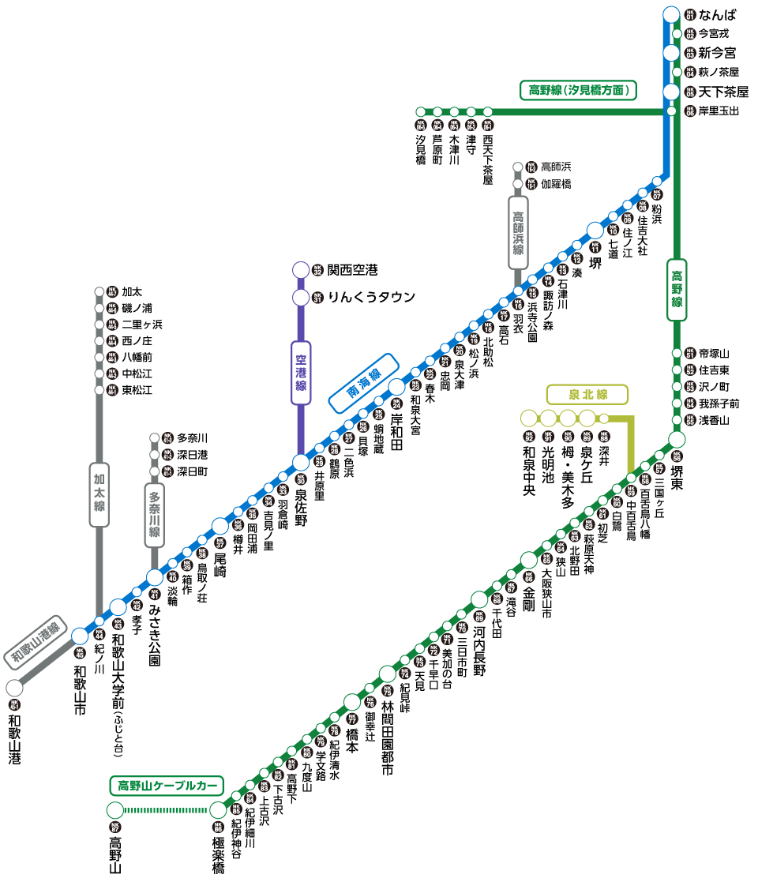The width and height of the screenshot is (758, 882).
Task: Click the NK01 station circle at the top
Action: [671, 14]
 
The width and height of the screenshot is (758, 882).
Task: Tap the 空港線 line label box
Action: [301, 373]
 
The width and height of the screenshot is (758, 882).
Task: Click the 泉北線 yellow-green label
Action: [587, 394]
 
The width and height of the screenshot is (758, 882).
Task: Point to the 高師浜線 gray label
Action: [518, 233]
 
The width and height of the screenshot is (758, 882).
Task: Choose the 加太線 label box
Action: [99, 494]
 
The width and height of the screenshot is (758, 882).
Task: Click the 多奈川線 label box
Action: [155, 516]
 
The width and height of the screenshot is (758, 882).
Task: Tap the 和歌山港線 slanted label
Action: [36, 642]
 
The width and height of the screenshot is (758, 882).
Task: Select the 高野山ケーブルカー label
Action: [167, 786]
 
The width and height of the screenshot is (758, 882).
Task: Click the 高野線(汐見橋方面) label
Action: [579, 90]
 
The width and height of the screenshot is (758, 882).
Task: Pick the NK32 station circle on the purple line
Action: [301, 270]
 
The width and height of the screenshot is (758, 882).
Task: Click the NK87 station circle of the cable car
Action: [115, 810]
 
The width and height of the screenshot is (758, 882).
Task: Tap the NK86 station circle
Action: [218, 810]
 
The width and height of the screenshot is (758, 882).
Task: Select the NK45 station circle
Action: [80, 636]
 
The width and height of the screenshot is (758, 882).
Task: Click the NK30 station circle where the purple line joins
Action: [301, 462]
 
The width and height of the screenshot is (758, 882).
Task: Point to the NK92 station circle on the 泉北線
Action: [528, 418]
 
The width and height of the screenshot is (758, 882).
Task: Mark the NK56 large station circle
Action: [677, 439]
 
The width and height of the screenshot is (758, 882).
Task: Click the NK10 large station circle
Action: [595, 231]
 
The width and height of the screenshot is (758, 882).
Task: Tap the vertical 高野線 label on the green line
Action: [677, 290]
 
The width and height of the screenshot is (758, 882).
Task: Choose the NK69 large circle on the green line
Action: [479, 599]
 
